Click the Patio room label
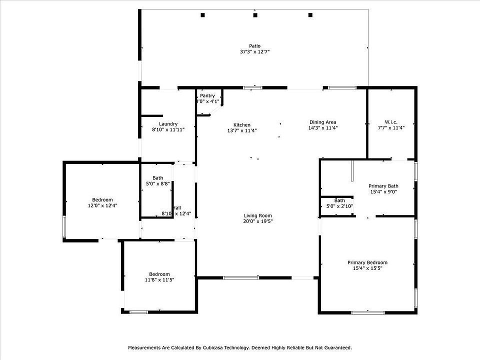coord(255,46)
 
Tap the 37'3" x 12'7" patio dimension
coord(255,52)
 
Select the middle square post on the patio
coord(255,15)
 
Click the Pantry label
coord(207,95)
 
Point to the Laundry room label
coord(168,124)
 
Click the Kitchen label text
coord(242,125)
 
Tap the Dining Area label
coord(322,122)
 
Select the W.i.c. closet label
coord(391,122)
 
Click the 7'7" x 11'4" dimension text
coord(391,128)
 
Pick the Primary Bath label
coord(383,186)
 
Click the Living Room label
coord(258,215)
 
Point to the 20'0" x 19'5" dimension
coord(258,221)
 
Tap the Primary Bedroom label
coord(367,262)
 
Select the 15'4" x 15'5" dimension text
coord(367,268)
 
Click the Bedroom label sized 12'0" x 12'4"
coord(102,199)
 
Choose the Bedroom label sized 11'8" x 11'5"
coord(159,274)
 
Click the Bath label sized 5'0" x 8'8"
coord(158,178)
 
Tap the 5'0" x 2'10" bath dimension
coord(339,206)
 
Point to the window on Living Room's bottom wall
coord(241,277)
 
